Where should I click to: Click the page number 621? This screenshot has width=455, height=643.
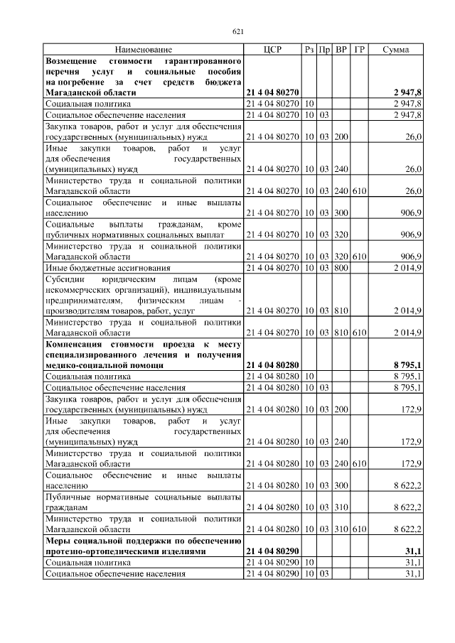[x=238, y=31]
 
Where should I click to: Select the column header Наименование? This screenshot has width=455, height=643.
[x=144, y=50]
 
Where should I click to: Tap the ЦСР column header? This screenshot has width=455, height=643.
[x=272, y=50]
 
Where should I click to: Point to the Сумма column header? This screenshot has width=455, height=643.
[x=395, y=50]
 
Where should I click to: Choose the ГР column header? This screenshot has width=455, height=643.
[x=359, y=50]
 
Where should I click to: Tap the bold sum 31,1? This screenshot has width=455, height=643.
[x=412, y=551]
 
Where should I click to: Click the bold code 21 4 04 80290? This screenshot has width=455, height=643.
[x=273, y=551]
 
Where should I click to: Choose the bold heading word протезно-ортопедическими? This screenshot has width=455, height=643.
[x=100, y=551]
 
